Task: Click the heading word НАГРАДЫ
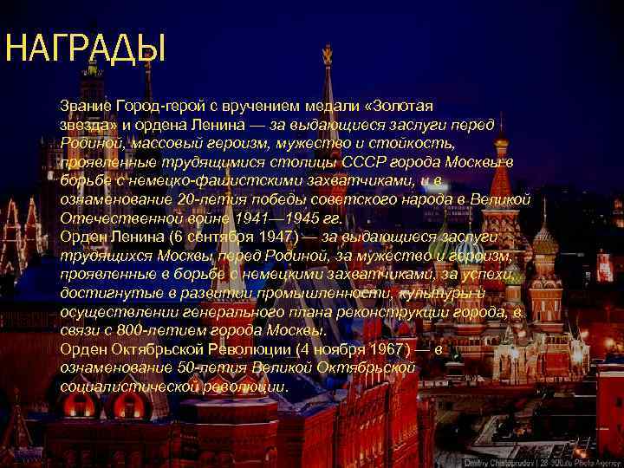pos(84,49)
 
